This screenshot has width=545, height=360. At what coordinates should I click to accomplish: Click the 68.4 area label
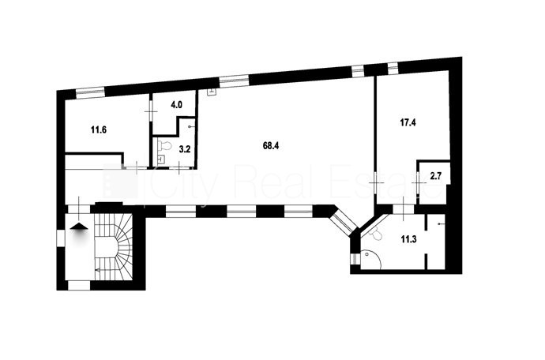pyautogui.click(x=271, y=146)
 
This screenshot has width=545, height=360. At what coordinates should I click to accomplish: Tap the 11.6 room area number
pyautogui.click(x=99, y=130)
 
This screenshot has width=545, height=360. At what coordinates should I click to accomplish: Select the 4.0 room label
pyautogui.click(x=177, y=105)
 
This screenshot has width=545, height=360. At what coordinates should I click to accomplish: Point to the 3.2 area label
pyautogui.click(x=185, y=149)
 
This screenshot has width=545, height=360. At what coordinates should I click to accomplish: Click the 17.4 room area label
pyautogui.click(x=408, y=122)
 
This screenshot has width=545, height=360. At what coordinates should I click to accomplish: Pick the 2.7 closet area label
pyautogui.click(x=435, y=176)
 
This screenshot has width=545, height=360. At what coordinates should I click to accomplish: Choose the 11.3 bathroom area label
pyautogui.click(x=409, y=239)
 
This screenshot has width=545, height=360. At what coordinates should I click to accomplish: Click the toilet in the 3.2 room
pyautogui.click(x=164, y=145)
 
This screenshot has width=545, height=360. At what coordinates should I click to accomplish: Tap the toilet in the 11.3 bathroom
pyautogui.click(x=376, y=234)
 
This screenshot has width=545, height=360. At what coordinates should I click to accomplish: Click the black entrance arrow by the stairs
pyautogui.click(x=79, y=227)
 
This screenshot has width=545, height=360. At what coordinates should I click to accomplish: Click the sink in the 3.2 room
pyautogui.click(x=161, y=159)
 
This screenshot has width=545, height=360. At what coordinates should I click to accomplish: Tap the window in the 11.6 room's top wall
pyautogui.click(x=90, y=92)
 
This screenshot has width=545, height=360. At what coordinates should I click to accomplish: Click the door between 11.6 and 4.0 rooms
pyautogui.click(x=151, y=111)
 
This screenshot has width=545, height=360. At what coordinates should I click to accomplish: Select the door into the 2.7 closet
pyautogui.click(x=418, y=182)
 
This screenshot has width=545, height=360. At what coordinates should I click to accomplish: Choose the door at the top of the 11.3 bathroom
pyautogui.click(x=403, y=209)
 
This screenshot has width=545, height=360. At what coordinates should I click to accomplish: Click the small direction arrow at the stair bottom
pyautogui.click(x=97, y=270)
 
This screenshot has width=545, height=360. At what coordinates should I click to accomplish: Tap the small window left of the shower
pyautogui.click(x=355, y=259)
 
